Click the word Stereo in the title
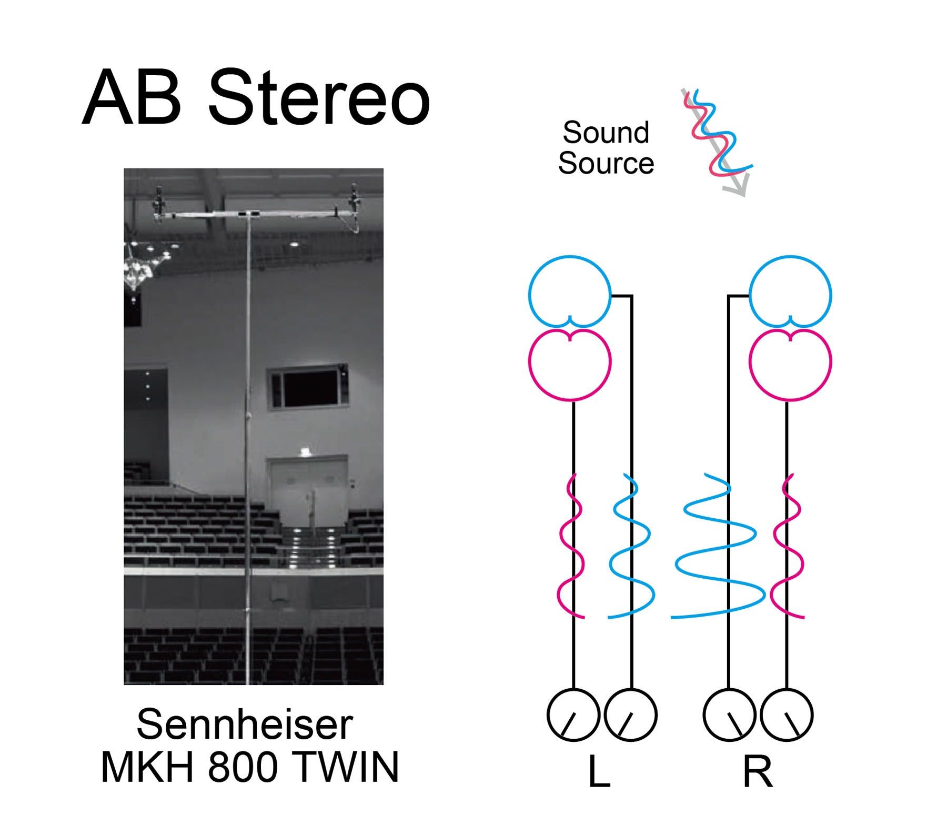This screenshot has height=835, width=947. point(319,98)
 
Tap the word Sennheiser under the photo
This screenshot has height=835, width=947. point(245,725)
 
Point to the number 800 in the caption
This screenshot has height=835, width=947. point(243,767)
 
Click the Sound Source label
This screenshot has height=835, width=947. point(606,148)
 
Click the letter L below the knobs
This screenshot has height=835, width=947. point(599,771)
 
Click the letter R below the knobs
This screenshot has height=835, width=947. point(758,771)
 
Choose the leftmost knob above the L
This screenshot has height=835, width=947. point(573,715)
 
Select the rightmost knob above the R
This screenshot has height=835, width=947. point(787,715)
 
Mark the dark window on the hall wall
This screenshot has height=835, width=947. point(309,387)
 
